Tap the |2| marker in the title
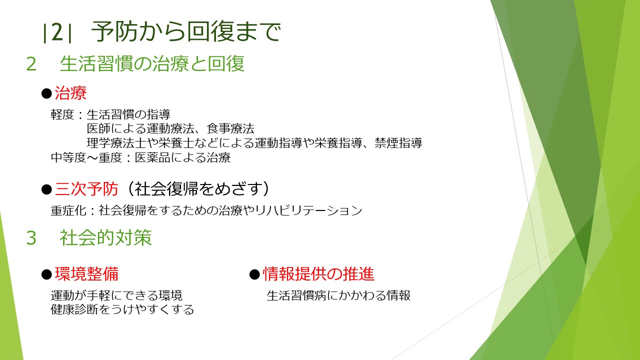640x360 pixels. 57,32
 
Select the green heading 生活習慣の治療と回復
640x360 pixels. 152,63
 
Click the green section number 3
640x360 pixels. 31,237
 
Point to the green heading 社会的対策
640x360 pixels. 105,237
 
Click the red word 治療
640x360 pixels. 70,93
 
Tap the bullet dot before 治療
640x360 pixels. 46,93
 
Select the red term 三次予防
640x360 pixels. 86,189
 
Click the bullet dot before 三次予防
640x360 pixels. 46,189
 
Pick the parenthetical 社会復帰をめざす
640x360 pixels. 197,189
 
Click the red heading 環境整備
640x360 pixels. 86,273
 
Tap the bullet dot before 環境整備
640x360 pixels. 46,274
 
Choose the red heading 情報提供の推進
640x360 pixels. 318,273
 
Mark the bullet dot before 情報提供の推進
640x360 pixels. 254,274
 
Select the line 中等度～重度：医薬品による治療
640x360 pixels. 140,157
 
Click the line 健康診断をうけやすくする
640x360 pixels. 122,309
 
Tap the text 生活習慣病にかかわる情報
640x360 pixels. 338,295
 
